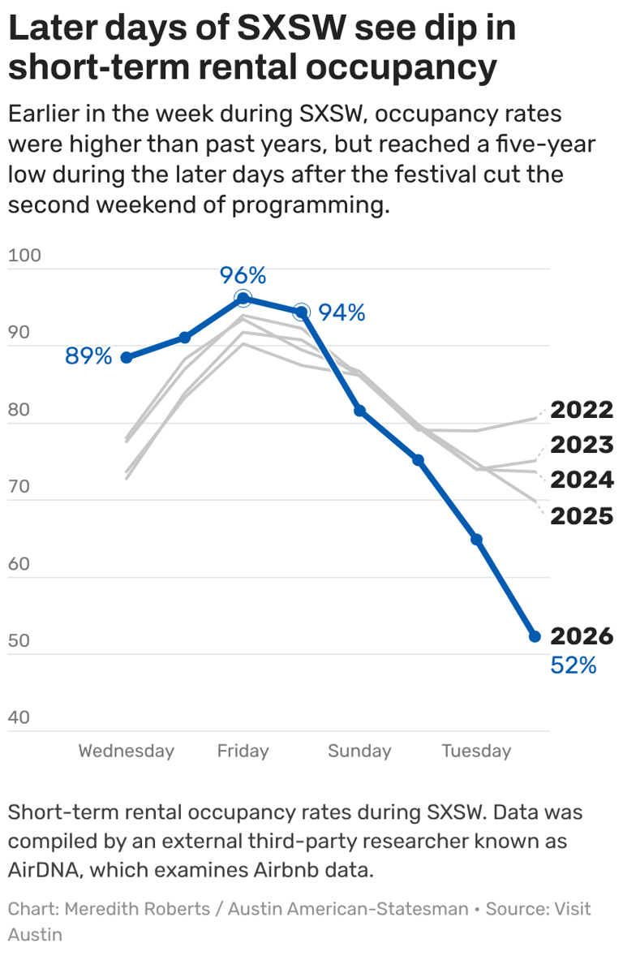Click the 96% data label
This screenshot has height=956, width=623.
click(243, 276)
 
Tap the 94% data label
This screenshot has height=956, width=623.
click(342, 312)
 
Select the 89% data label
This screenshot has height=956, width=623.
click(88, 356)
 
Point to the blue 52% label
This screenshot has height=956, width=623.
click(573, 665)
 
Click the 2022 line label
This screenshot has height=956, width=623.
click(582, 410)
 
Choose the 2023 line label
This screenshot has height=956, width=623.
click(582, 445)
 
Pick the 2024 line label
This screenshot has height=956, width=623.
click(582, 480)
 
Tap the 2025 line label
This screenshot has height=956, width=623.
click(582, 516)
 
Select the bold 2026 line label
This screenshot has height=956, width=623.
click(582, 636)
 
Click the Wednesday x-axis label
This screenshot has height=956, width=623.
click(127, 751)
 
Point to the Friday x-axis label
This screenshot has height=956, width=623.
click(243, 751)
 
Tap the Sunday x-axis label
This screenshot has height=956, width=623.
click(359, 751)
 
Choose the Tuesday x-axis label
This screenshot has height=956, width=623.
click(476, 751)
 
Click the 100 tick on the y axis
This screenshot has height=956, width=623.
click(24, 255)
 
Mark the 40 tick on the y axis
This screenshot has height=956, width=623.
click(19, 717)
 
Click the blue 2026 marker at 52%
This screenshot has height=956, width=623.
click(535, 636)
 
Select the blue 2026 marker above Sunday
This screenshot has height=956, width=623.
click(359, 411)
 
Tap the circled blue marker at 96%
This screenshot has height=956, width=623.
click(243, 298)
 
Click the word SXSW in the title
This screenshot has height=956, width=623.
click(291, 28)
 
